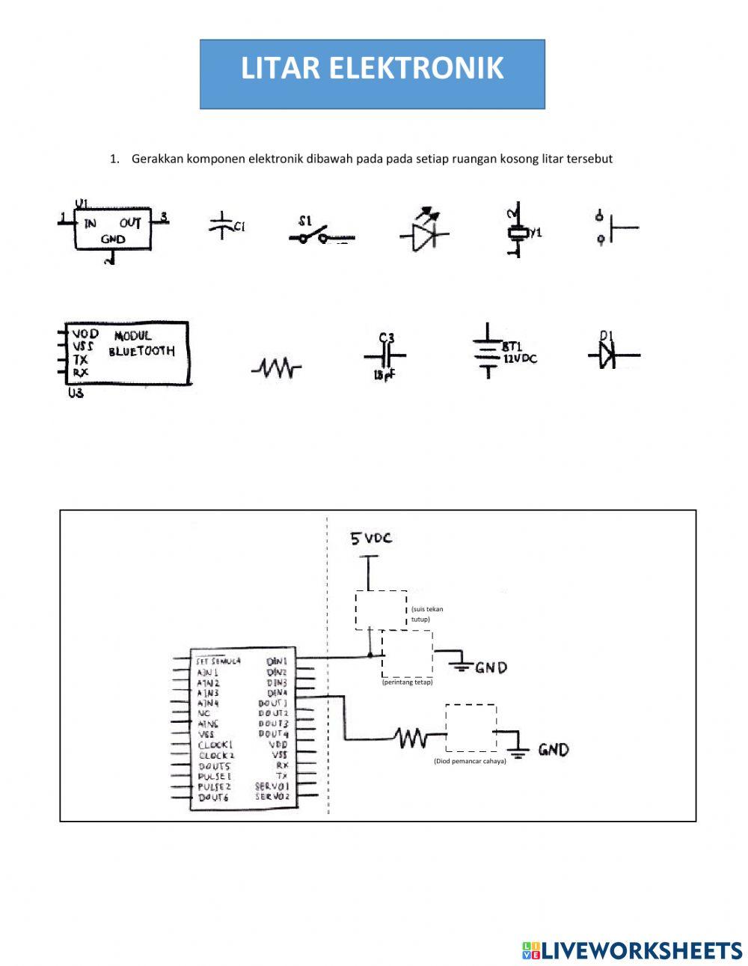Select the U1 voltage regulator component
click(x=112, y=230)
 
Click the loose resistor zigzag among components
click(x=276, y=367)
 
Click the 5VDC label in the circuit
click(x=372, y=538)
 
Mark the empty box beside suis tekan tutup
click(x=381, y=611)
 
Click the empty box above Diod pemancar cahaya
click(x=470, y=727)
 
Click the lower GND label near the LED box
click(x=553, y=749)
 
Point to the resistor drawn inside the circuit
click(x=412, y=739)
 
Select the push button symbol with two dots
click(x=616, y=227)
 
